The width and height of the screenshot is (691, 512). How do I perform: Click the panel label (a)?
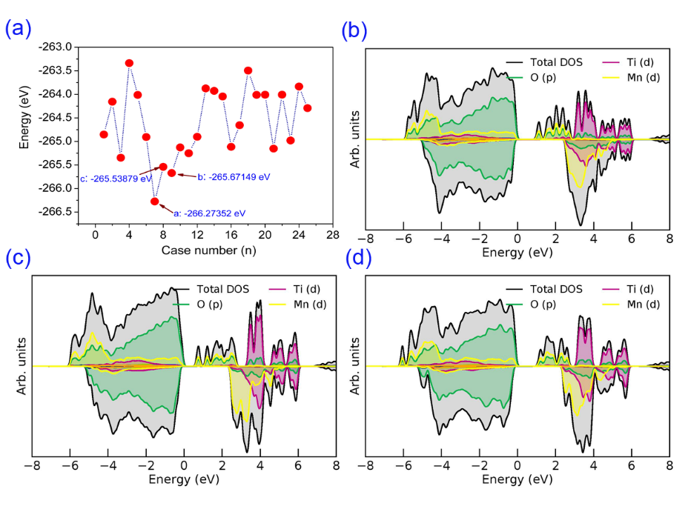point(18,29)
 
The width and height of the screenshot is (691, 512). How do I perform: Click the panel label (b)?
point(355,30)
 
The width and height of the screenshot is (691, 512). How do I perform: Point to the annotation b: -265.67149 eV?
point(233,177)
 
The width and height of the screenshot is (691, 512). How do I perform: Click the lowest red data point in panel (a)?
point(155,201)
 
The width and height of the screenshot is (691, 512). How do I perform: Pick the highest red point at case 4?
point(129,63)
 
